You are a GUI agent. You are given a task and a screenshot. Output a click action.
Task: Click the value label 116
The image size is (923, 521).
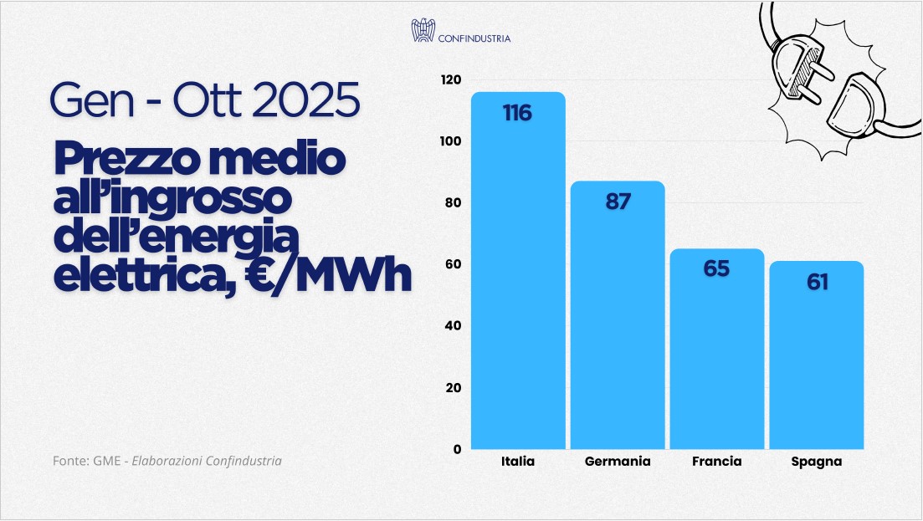517,113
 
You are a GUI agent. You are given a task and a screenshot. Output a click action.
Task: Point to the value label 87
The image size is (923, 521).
618,202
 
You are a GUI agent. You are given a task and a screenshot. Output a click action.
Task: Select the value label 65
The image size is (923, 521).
716,268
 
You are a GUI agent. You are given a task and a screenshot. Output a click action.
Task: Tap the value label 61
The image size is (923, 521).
817,282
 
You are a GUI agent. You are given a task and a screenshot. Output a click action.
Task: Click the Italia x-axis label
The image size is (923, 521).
518,462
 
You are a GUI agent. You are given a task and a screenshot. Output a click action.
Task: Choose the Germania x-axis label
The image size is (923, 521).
618,462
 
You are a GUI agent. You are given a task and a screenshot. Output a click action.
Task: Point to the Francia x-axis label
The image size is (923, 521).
717,462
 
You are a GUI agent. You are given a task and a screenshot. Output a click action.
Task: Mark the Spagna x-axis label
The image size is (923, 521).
817,462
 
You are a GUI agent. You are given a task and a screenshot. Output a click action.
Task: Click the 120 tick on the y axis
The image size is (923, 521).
451,79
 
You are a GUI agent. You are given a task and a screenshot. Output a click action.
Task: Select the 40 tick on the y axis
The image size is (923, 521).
453,325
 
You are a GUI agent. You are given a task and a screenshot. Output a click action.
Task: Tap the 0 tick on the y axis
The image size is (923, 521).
457,449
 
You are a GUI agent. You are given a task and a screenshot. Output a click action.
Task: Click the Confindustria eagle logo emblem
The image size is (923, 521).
423,31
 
